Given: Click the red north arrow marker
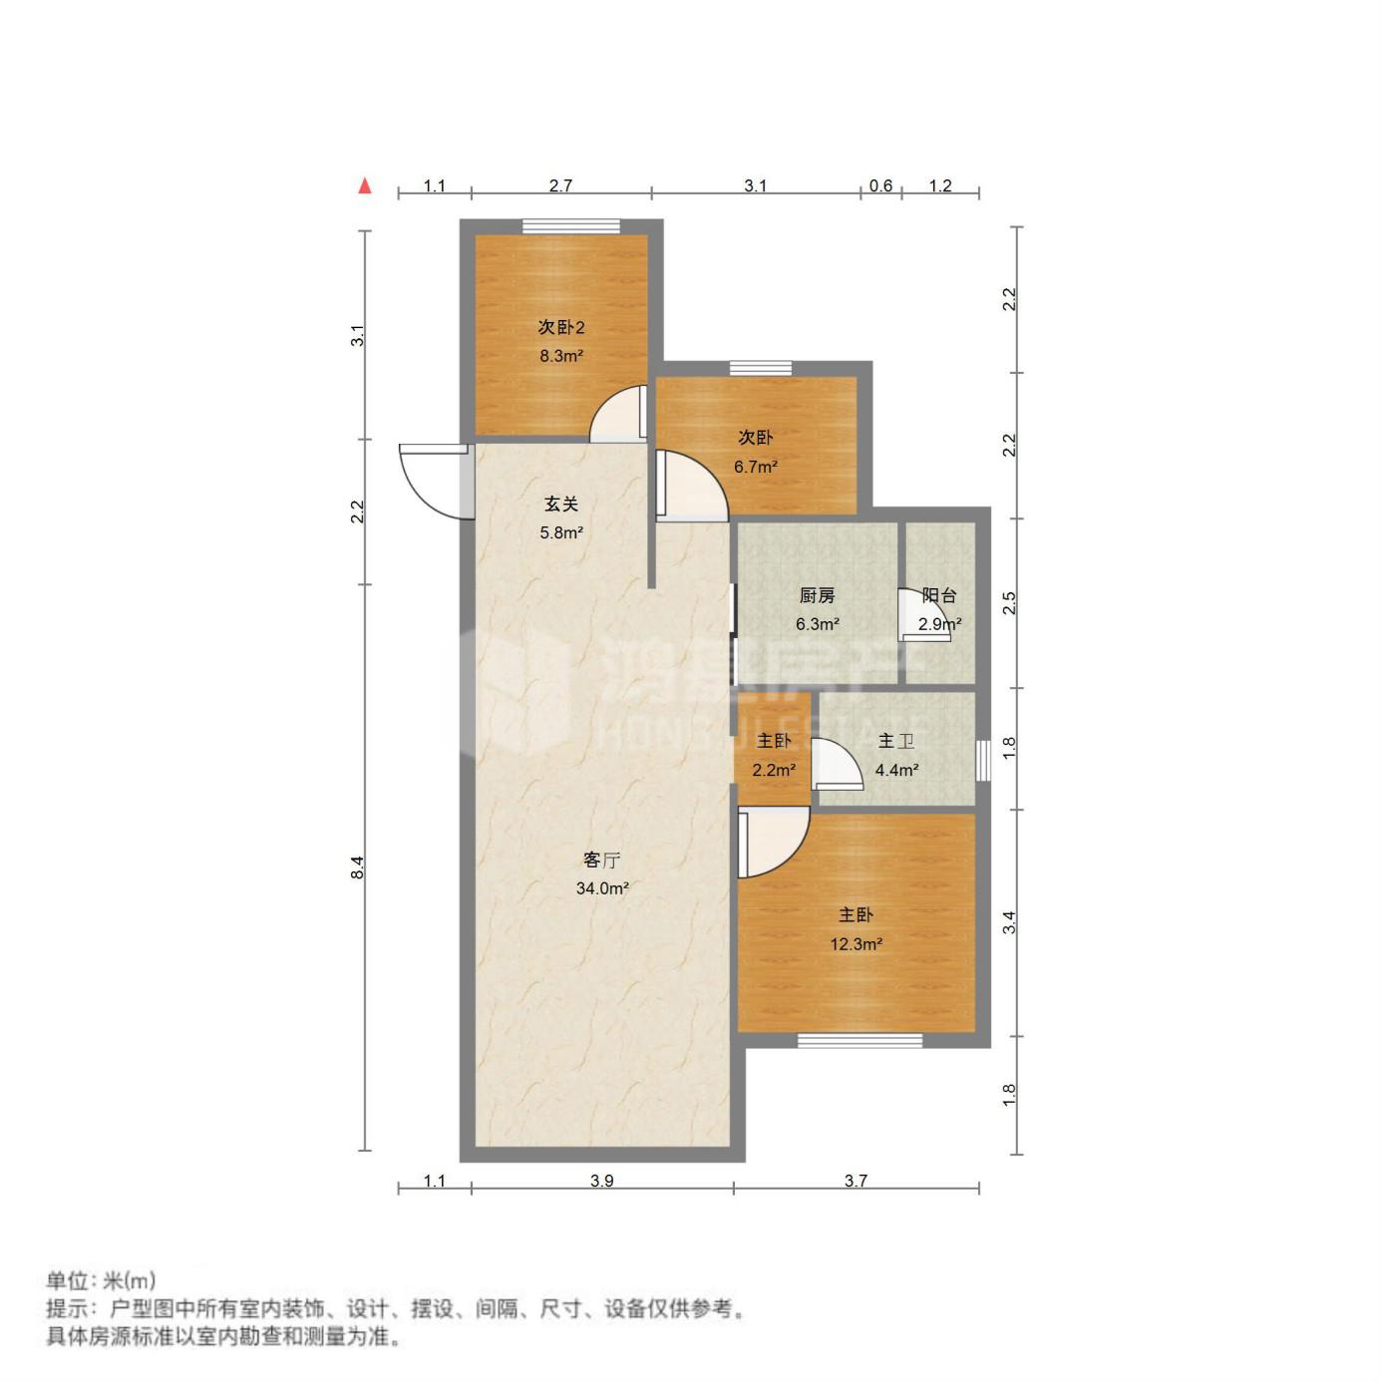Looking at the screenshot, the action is pos(366,185).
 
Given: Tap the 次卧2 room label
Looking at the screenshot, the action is pos(561,327).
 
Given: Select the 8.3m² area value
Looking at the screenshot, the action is pos(561,355).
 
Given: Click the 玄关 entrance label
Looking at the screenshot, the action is pos(561,505).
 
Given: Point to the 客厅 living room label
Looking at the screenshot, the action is pos(602,860).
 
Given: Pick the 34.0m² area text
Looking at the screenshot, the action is pos(602,888).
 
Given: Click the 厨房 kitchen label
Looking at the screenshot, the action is pos(817,595).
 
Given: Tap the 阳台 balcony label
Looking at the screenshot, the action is pos(939,595).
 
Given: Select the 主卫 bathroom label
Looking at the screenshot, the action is pos(896,741).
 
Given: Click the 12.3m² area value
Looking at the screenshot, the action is pos(856,944).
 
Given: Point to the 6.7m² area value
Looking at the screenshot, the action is pos(756,468).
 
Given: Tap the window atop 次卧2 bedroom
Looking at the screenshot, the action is pos(570,226).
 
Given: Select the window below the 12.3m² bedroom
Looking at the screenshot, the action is pos(860,1040).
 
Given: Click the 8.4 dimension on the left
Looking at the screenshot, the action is pos(358,868).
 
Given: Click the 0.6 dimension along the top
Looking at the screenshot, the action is pos(880,186).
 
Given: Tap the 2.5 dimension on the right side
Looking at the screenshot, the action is pos(1010,602).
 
